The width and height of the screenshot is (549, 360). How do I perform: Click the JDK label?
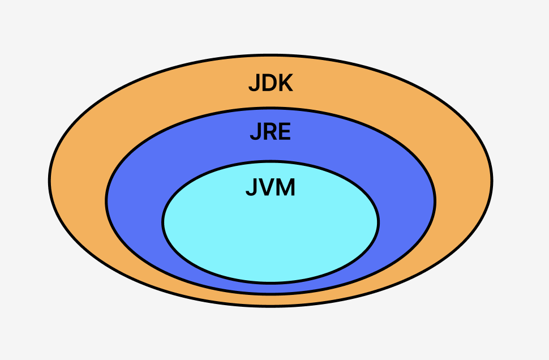(271, 83)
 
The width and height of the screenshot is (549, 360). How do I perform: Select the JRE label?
(271, 132)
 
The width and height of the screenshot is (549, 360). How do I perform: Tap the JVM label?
(271, 187)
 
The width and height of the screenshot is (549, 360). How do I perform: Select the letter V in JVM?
(265, 187)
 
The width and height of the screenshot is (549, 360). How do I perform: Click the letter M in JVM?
(285, 187)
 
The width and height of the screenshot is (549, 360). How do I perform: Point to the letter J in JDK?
(254, 84)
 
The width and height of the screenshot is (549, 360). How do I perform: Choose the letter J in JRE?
(255, 132)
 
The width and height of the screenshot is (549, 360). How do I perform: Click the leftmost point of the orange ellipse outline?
(49, 181)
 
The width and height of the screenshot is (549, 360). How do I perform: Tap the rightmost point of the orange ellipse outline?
(492, 181)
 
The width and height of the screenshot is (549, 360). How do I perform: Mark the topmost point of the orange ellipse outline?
(271, 55)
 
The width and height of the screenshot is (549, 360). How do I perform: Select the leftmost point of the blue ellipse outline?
(106, 201)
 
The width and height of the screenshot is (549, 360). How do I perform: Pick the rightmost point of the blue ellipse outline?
(435, 201)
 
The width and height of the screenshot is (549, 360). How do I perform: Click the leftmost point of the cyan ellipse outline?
(163, 222)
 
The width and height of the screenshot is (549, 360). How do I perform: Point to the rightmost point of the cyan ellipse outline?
(379, 222)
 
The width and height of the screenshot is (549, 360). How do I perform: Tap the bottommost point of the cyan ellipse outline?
(271, 282)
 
